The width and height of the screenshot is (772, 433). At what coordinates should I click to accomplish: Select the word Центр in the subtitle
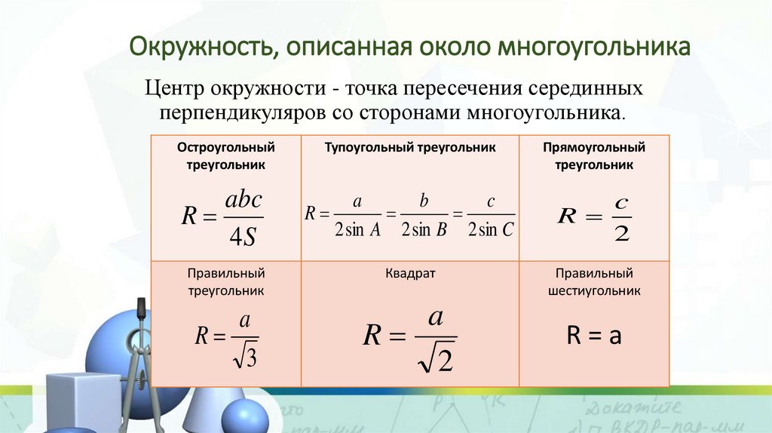[x=179, y=89]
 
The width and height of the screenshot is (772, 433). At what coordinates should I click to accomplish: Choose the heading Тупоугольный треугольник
[x=410, y=148]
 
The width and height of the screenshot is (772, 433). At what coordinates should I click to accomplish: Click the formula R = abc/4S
[x=223, y=217]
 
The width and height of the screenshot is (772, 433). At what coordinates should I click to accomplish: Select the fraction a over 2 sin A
[x=358, y=217]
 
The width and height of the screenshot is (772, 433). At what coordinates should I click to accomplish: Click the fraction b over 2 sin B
[x=424, y=217]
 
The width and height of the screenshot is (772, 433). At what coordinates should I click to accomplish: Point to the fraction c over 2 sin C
[x=491, y=217]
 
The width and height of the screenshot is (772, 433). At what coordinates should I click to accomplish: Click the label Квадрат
[x=410, y=273]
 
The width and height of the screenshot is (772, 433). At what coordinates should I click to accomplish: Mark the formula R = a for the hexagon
[x=593, y=336]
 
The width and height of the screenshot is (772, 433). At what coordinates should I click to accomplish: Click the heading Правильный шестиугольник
[x=594, y=281]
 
